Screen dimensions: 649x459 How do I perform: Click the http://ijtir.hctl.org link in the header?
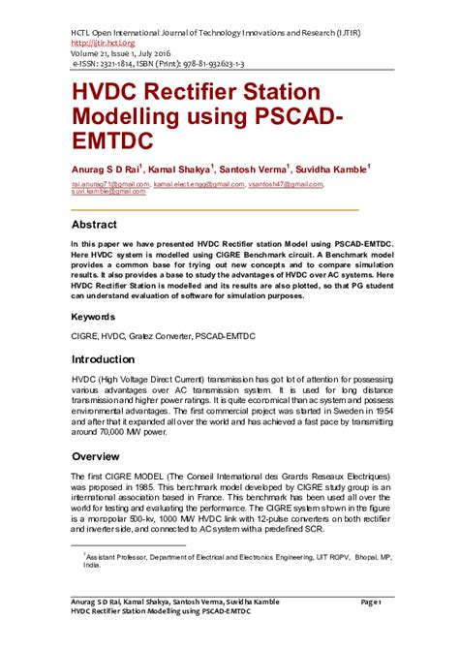[x=100, y=43]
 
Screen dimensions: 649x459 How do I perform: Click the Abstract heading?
[x=100, y=222]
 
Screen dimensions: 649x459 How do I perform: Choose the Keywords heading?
[x=98, y=317]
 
